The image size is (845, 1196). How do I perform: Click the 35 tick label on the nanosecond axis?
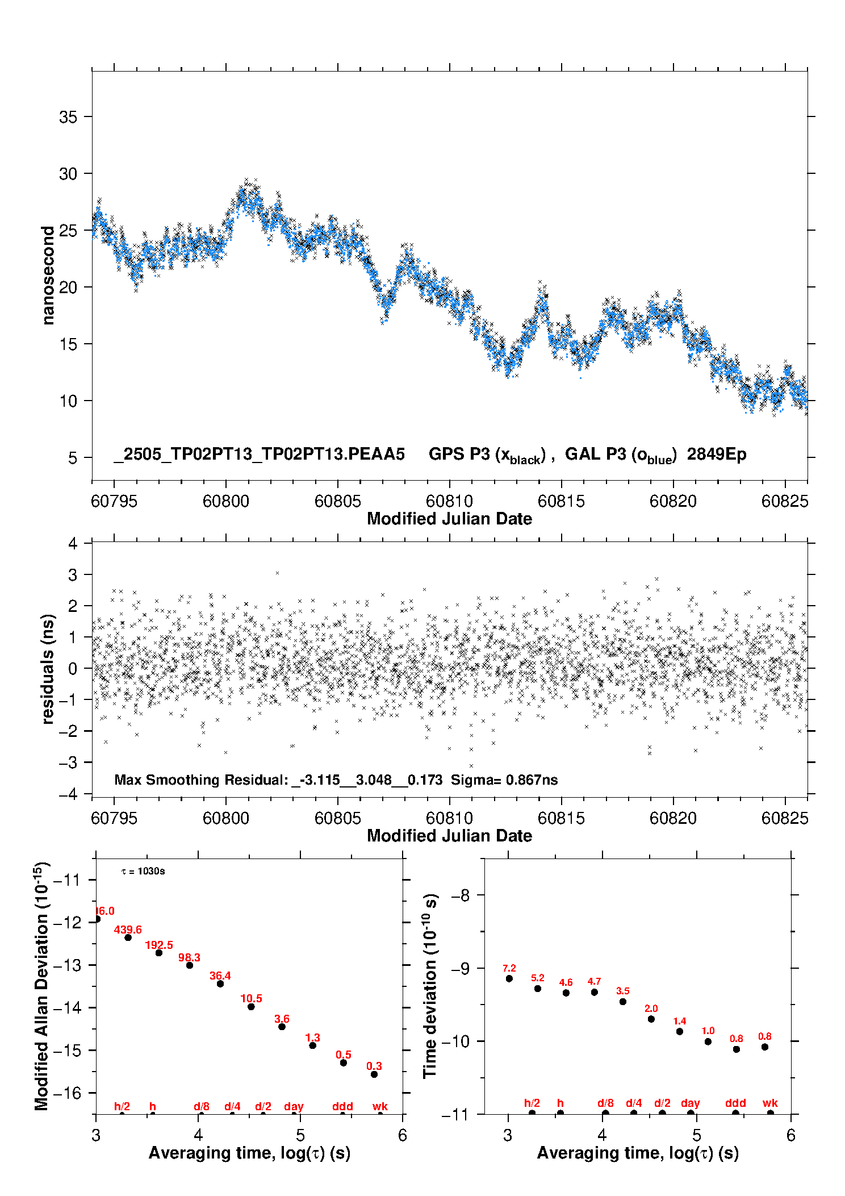click(68, 117)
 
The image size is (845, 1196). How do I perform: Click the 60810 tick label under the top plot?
click(449, 501)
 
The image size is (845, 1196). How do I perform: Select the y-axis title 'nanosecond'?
click(48, 275)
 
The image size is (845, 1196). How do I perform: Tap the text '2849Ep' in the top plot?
click(717, 455)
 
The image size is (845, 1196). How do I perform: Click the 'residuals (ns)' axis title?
click(48, 669)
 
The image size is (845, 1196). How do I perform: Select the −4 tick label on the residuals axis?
click(68, 794)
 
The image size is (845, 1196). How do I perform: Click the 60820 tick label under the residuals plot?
click(673, 818)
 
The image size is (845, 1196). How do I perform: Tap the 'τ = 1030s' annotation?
click(143, 871)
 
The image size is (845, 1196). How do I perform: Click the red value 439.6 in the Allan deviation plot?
click(128, 930)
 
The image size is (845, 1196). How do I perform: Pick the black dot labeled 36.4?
click(220, 984)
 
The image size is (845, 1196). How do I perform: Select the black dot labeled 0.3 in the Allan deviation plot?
click(374, 1074)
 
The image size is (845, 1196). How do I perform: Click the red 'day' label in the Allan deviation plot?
click(294, 1106)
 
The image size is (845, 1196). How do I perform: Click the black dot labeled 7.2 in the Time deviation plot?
click(509, 978)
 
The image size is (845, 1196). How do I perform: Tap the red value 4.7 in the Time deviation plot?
click(594, 981)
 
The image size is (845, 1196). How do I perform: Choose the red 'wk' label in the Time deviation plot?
click(770, 1103)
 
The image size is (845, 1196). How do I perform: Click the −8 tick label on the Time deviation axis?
click(461, 895)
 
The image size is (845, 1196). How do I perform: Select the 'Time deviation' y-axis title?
click(430, 986)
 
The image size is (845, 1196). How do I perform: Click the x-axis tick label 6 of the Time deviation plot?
click(791, 1135)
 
